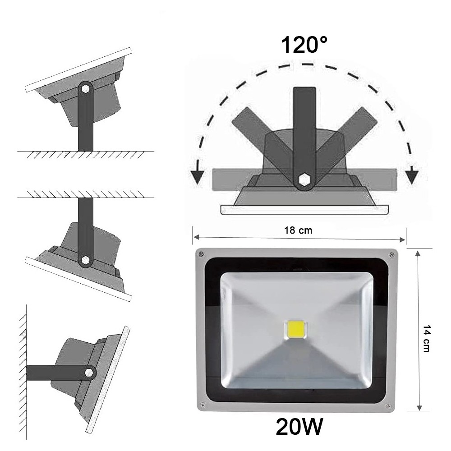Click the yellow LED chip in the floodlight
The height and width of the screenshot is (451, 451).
point(295,331)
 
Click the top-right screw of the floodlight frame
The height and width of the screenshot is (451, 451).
point(391,255)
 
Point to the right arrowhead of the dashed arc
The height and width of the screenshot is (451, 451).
point(411,177)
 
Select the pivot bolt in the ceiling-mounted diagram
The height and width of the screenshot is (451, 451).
point(85,260)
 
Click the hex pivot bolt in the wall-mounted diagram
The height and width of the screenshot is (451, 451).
point(89,373)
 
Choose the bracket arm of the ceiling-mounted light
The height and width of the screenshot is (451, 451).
point(85,225)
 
